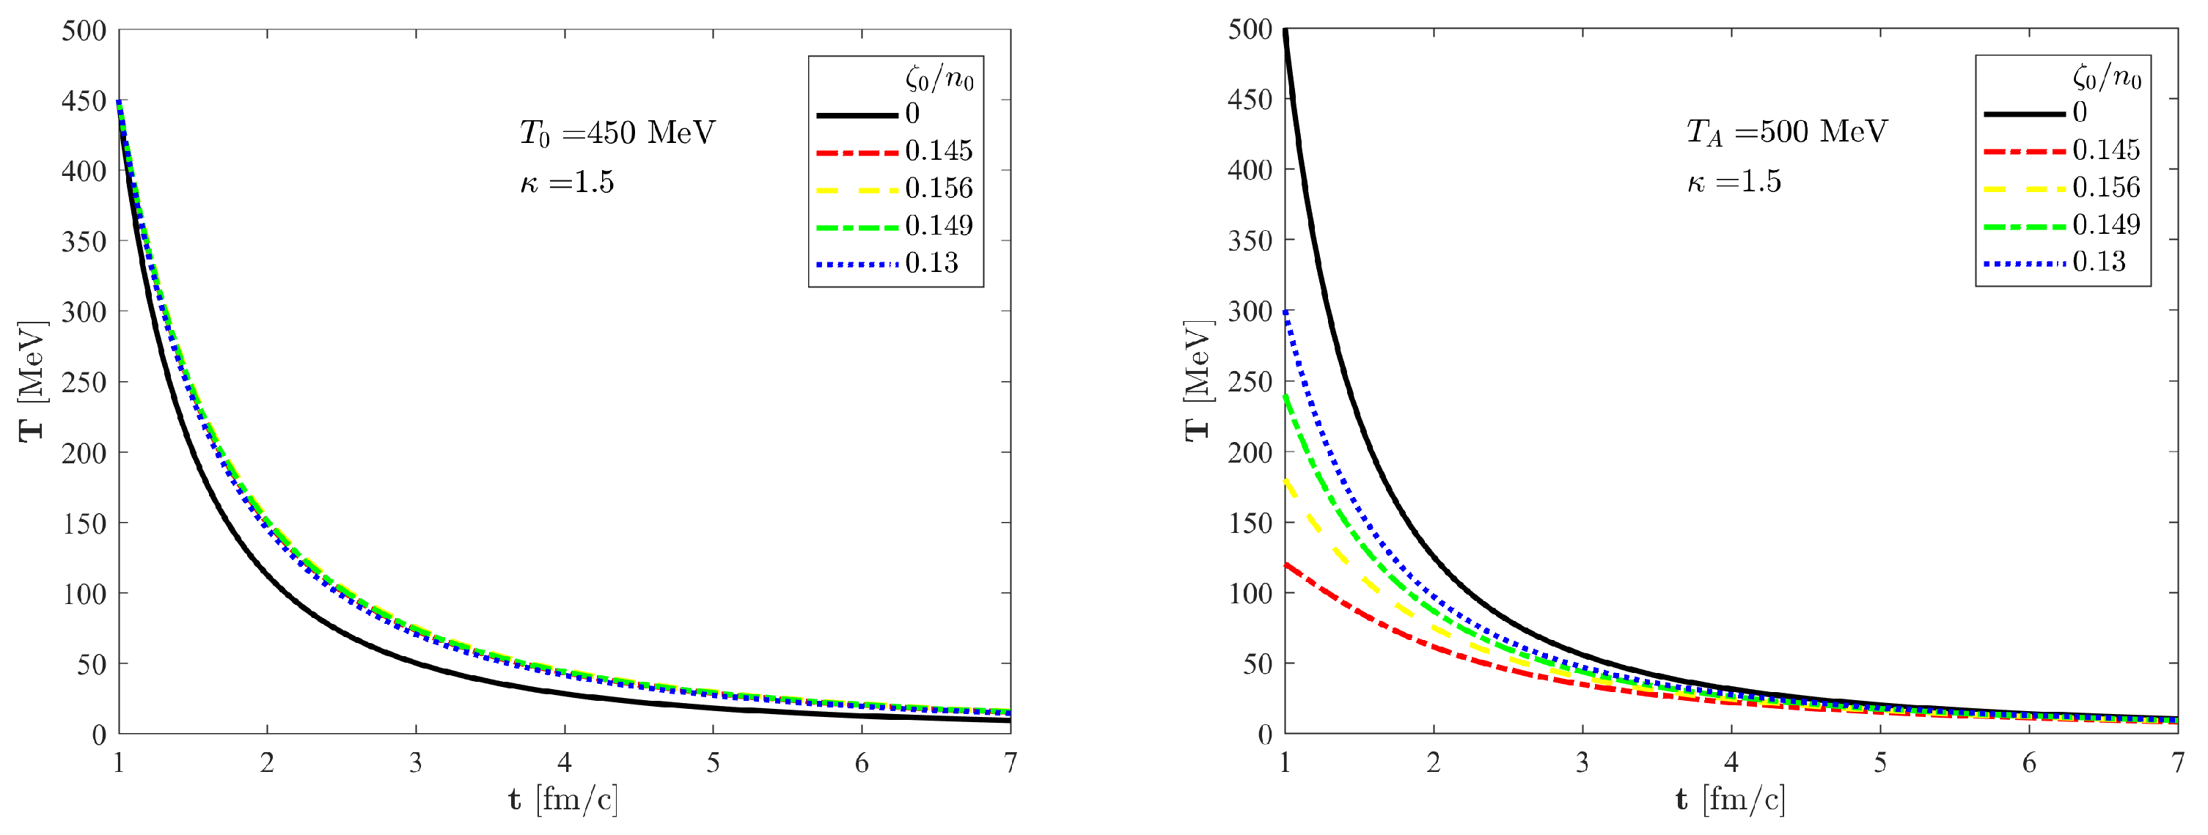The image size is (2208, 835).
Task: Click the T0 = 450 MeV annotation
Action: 617,133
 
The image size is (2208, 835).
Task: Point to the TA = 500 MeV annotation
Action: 1786,132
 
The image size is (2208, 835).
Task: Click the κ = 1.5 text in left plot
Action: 568,183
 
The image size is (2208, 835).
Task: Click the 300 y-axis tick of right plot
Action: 1250,311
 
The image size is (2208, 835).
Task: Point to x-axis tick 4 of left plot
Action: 564,762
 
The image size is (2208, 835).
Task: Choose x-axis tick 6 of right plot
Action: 2029,762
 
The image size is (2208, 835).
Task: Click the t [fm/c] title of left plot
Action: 563,800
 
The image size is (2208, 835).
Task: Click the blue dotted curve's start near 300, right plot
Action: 1286,312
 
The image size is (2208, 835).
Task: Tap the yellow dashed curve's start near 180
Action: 1286,482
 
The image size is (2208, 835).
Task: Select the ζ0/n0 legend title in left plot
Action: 939,80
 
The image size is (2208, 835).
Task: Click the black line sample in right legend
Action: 2024,113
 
